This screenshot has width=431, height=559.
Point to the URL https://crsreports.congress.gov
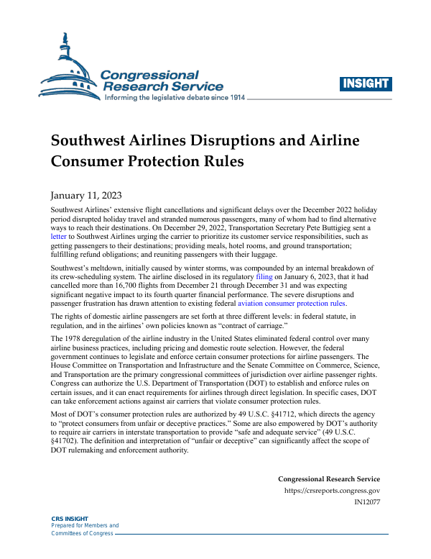pyautogui.click(x=333, y=491)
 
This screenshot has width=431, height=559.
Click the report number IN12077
pyautogui.click(x=366, y=501)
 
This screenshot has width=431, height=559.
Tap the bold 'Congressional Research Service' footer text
pyautogui.click(x=328, y=479)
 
